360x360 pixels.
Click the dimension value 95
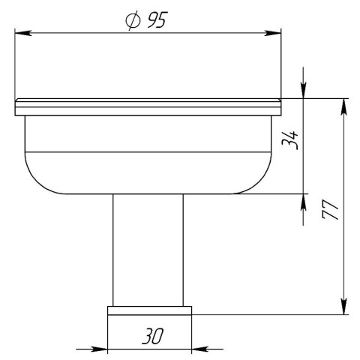pyautogui.click(x=157, y=20)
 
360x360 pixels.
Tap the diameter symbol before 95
pyautogui.click(x=133, y=20)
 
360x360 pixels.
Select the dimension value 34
pyautogui.click(x=289, y=140)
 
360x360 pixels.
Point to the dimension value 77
pyautogui.click(x=330, y=209)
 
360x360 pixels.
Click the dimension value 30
pyautogui.click(x=152, y=336)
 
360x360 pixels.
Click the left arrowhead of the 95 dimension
pyautogui.click(x=23, y=33)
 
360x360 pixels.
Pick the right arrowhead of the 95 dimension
pyautogui.click(x=273, y=33)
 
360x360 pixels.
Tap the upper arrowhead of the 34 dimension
pyautogui.click(x=303, y=91)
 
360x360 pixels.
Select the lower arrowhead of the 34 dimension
pyautogui.click(x=303, y=202)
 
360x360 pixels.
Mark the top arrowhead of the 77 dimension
pyautogui.click(x=344, y=107)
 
